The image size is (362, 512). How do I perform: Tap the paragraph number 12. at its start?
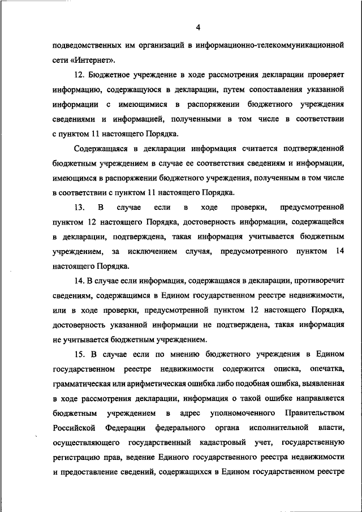(80, 75)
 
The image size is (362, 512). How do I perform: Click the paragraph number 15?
(80, 354)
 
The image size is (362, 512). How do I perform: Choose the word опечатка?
(327, 369)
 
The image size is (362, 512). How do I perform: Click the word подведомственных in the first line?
(85, 45)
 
